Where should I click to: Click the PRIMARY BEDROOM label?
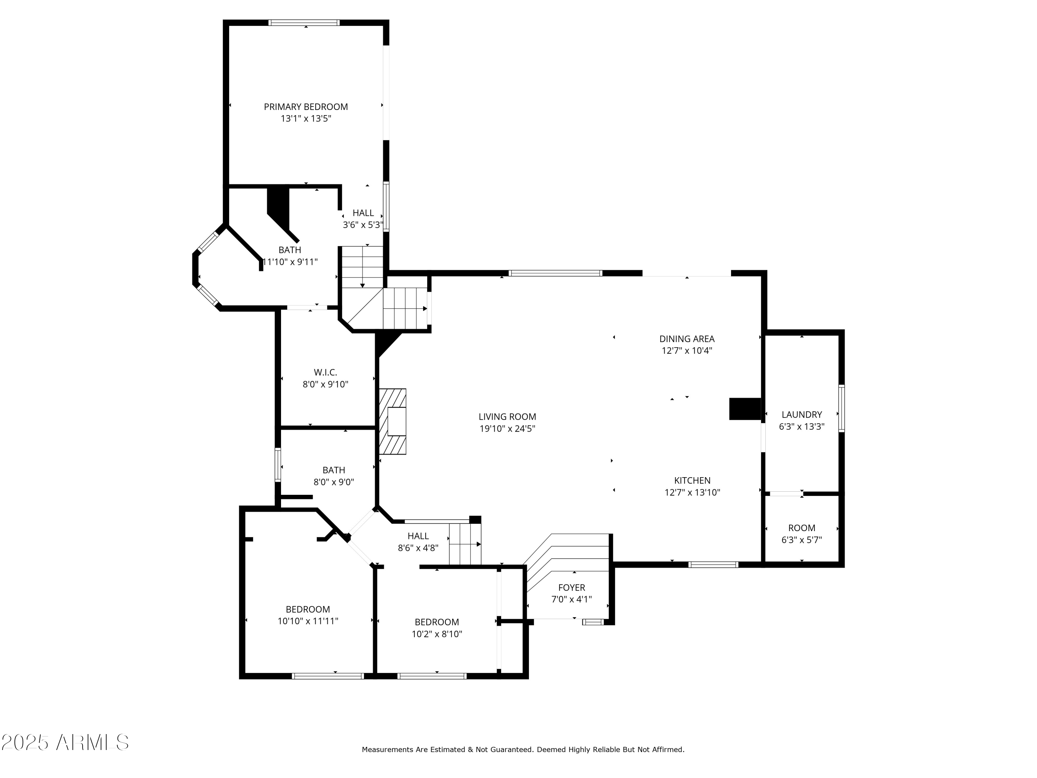(x=306, y=107)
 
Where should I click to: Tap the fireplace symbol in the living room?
(x=392, y=422)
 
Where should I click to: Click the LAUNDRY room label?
(x=801, y=415)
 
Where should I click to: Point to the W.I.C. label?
(x=325, y=372)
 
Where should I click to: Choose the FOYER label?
(x=571, y=587)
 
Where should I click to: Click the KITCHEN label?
(x=692, y=480)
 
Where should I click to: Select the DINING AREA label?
(x=686, y=339)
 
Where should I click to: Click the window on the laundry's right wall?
(x=841, y=408)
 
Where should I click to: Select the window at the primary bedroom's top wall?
(x=304, y=22)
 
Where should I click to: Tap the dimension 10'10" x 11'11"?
(x=308, y=621)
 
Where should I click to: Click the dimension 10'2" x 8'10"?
(x=437, y=634)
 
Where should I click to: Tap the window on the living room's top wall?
(x=555, y=273)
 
